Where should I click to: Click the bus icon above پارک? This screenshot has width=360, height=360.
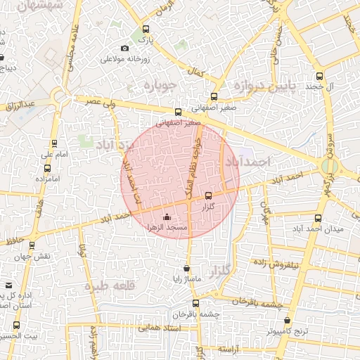146,30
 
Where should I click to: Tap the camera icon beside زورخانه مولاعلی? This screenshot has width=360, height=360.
125,48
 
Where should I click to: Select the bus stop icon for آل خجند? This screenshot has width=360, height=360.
320,76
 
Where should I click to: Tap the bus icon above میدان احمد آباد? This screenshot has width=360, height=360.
318,218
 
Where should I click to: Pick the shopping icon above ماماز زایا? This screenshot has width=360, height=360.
186,268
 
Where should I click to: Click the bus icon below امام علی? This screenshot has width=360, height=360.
47,167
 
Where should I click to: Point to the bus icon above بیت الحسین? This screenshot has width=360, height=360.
16,325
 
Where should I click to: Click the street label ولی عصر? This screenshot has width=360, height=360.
101,103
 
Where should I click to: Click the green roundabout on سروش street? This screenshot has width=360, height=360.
328,167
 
